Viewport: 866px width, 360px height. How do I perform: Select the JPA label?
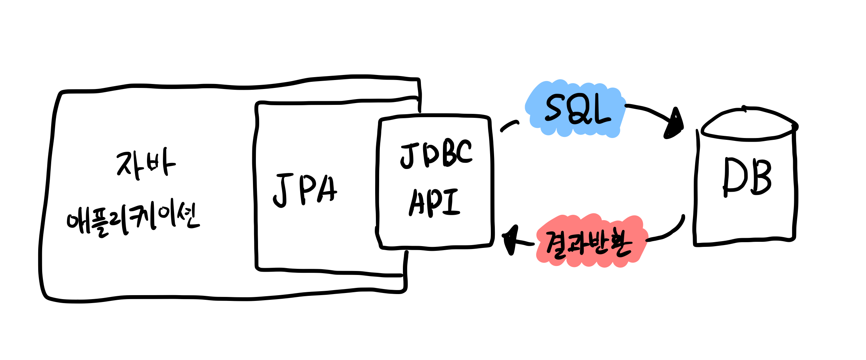(305, 190)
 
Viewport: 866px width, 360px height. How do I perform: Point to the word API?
(434, 203)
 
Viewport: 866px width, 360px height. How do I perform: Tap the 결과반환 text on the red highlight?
(589, 243)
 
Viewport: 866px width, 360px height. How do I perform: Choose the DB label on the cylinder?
(747, 177)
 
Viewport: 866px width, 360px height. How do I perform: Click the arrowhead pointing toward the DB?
(675, 124)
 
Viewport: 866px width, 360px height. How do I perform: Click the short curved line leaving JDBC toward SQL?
(509, 126)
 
